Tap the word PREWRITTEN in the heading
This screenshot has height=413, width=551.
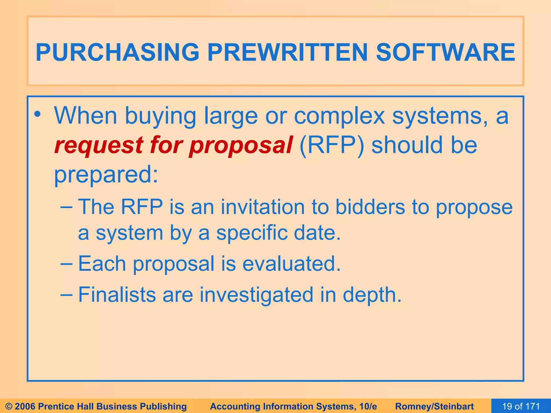click(x=287, y=52)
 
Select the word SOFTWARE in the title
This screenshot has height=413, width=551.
click(x=445, y=52)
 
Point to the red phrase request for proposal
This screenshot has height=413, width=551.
click(x=174, y=145)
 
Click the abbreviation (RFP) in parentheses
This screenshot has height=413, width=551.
click(x=332, y=145)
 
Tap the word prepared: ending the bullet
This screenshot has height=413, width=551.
click(x=106, y=175)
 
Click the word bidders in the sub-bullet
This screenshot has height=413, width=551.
click(x=370, y=207)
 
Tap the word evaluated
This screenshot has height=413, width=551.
click(x=292, y=264)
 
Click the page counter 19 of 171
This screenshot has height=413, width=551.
click(x=521, y=406)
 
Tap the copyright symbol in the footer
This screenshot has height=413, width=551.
click(x=9, y=406)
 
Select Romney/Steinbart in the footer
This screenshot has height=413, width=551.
click(x=435, y=406)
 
